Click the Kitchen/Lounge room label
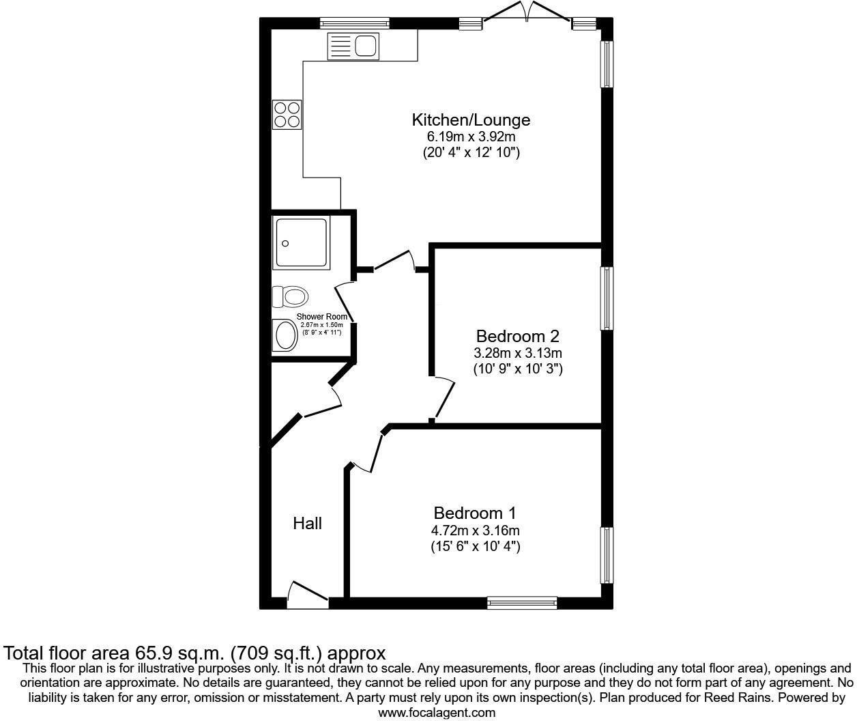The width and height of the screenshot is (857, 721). [x=471, y=120]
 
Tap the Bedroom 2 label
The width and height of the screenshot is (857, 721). [x=517, y=336]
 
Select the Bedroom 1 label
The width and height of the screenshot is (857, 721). [x=475, y=513]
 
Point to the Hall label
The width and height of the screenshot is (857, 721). [x=307, y=524]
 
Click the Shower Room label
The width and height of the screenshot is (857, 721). [x=321, y=317]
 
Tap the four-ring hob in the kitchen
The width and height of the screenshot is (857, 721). [x=287, y=115]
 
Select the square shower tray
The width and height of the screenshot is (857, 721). [x=301, y=242]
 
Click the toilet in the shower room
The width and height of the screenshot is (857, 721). [x=290, y=296]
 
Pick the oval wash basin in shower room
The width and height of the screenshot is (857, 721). [x=285, y=335]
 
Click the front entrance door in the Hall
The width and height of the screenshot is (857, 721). [x=307, y=593]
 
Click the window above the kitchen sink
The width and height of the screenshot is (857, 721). [x=355, y=24]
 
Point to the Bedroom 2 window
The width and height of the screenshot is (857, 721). [x=607, y=298]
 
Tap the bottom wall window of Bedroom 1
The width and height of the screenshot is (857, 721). [x=522, y=602]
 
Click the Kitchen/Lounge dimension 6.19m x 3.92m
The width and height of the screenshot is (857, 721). [x=471, y=137]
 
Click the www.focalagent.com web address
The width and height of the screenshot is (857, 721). [x=437, y=713]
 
